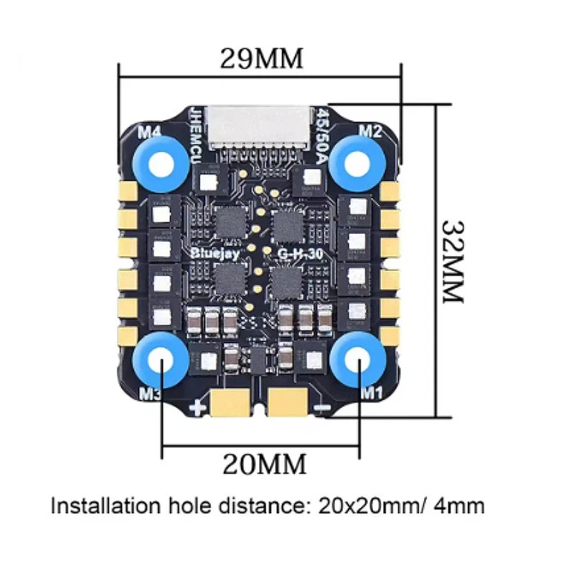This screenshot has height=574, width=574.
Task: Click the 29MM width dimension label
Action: point(260,57)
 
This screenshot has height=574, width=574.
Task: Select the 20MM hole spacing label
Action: point(264,464)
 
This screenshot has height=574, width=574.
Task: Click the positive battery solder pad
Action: point(230,404)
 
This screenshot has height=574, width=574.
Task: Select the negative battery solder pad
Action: point(288,404)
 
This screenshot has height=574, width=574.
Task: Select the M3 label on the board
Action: point(150,393)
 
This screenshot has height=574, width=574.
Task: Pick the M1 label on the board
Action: point(371,391)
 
